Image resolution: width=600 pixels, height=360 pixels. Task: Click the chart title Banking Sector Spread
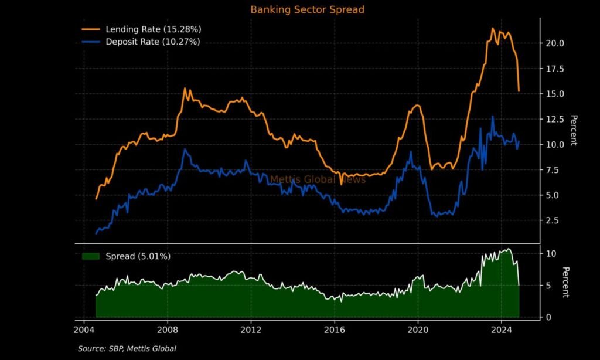click(307, 10)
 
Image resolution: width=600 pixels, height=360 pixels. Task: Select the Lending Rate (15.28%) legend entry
click(154, 29)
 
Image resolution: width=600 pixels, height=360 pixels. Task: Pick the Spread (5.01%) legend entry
click(138, 256)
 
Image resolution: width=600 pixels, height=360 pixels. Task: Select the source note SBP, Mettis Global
click(127, 349)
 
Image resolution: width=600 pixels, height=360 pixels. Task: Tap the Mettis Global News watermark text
click(318, 179)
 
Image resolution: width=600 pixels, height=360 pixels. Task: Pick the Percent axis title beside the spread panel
click(565, 282)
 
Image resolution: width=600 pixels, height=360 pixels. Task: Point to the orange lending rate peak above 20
click(493, 29)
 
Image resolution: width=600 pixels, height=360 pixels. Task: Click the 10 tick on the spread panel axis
click(550, 253)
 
